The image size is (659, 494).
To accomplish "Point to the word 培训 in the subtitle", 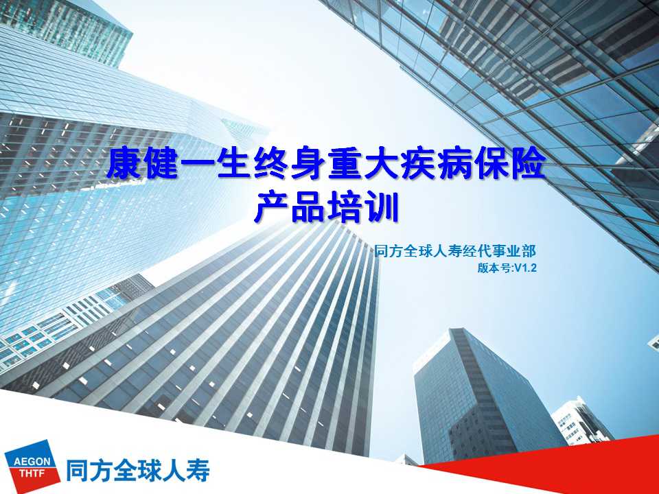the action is pyautogui.click(x=363, y=207).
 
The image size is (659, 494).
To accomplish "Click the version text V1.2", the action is pyautogui.click(x=526, y=268).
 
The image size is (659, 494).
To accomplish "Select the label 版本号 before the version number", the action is pyautogui.click(x=494, y=268).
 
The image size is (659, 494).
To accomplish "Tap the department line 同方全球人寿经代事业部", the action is pyautogui.click(x=455, y=251).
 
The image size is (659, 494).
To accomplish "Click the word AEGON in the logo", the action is pyautogui.click(x=32, y=462).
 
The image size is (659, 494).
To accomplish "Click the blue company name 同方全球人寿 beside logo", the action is pyautogui.click(x=138, y=470).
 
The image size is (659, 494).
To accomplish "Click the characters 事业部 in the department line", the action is pyautogui.click(x=516, y=251).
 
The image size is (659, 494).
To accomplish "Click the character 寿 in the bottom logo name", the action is pyautogui.click(x=198, y=470).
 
